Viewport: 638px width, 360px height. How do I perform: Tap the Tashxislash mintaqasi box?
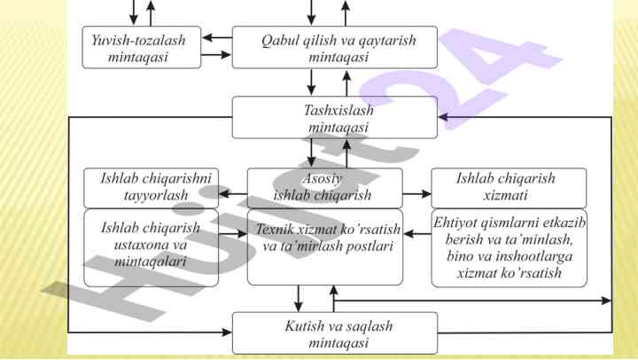(334, 118)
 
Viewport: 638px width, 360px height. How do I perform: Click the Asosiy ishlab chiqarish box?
(323, 187)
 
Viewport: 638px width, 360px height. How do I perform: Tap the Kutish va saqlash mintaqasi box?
(334, 333)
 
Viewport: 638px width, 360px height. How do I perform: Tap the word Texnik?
(274, 230)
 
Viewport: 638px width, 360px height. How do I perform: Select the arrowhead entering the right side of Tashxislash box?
(443, 117)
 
